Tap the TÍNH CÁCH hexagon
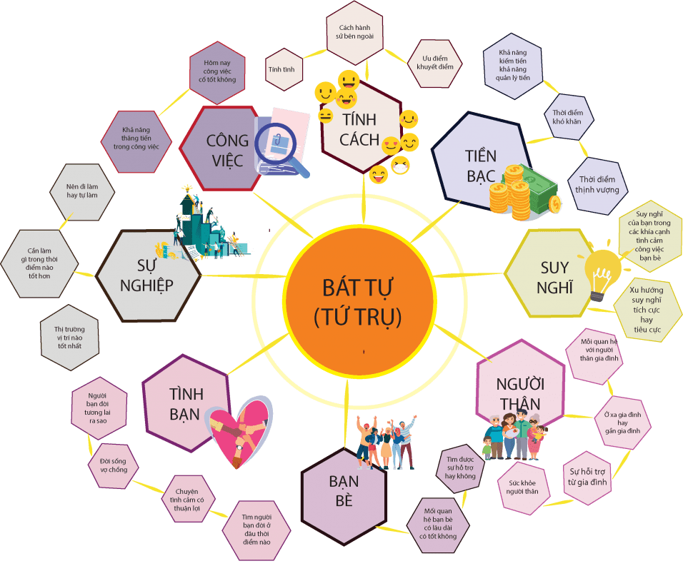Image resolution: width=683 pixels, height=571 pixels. tap(359, 128)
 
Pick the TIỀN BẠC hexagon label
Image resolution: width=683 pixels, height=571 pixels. tap(480, 165)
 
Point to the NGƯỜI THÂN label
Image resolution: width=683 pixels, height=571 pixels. tap(519, 393)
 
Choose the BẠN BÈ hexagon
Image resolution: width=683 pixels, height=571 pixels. tap(344, 490)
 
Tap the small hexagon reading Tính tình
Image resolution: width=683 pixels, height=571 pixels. tap(284, 69)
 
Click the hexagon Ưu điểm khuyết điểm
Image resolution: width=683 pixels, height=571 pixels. tap(435, 64)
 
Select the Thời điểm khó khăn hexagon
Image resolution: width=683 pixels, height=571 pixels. tap(568, 117)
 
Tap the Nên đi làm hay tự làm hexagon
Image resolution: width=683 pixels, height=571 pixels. tap(81, 191)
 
